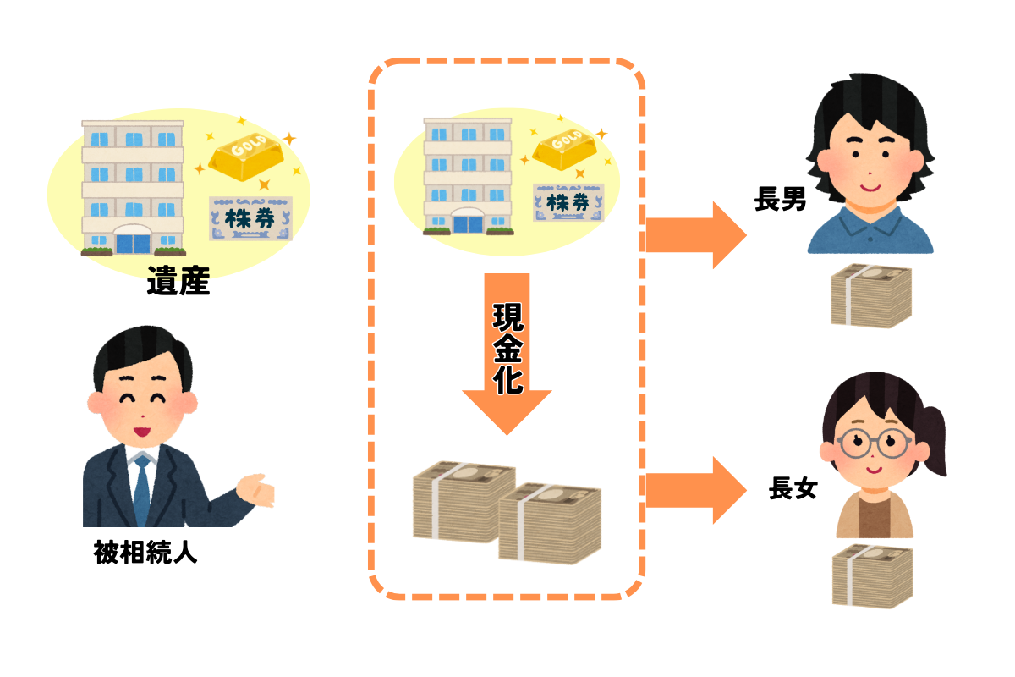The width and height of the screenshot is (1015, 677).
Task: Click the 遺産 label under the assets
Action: [178, 281]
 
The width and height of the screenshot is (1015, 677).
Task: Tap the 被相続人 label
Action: [145, 552]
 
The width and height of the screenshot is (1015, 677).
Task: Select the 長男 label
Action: [780, 199]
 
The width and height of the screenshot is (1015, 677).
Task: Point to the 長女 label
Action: [793, 488]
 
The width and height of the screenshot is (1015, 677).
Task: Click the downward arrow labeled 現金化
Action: [507, 354]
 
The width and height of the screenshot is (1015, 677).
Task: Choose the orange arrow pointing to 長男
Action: [696, 235]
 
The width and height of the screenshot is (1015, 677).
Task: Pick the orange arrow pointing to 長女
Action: [696, 490]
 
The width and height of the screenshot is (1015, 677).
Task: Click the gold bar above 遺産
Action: [246, 157]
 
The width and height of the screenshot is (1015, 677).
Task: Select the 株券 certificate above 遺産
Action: [250, 218]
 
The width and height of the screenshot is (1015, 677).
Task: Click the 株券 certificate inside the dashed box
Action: [568, 203]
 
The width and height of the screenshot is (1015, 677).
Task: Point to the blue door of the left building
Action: [133, 244]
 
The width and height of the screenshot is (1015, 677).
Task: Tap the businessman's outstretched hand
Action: [255, 491]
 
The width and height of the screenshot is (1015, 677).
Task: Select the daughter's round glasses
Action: [873, 443]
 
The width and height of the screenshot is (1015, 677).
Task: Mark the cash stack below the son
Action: [871, 295]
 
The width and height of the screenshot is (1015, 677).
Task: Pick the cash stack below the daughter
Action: [872, 576]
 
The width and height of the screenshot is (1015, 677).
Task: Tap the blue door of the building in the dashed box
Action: [468, 224]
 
